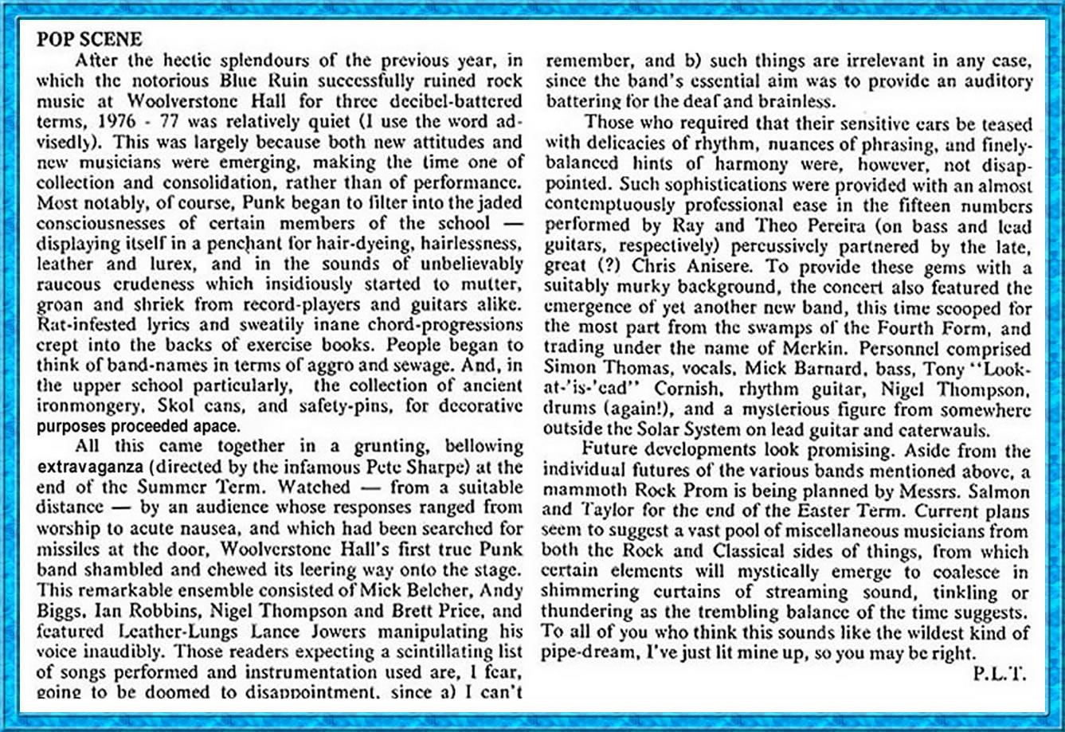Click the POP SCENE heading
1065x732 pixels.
pos(88,39)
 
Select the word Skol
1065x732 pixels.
pos(165,405)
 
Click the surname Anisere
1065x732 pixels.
pos(707,268)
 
